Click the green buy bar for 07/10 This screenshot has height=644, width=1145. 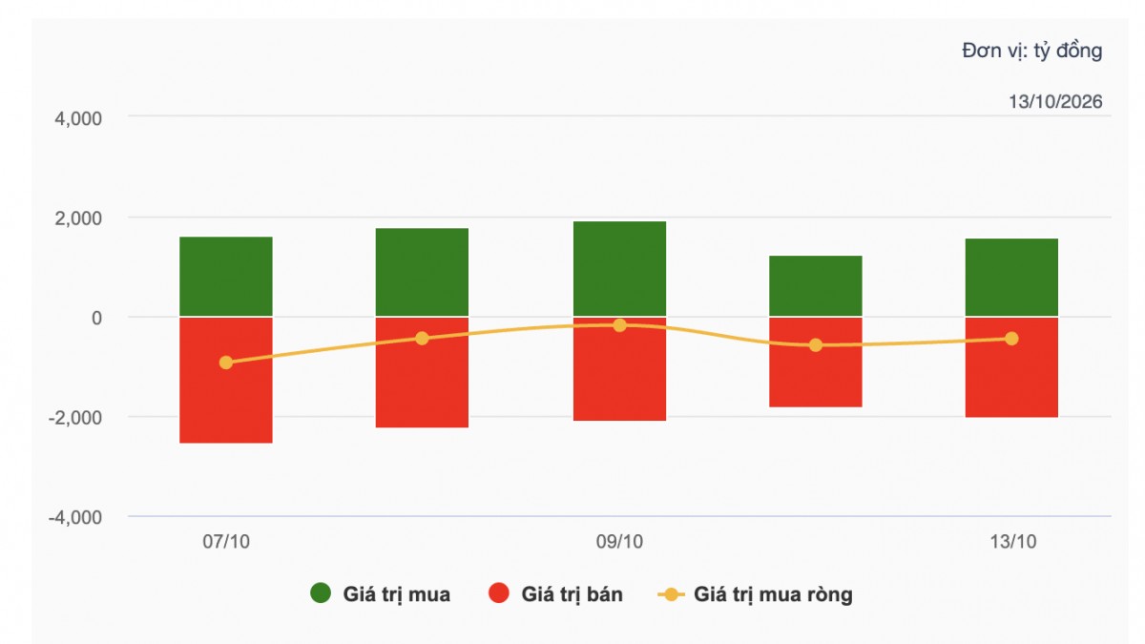pyautogui.click(x=226, y=276)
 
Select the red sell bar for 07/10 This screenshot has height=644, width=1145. pyautogui.click(x=226, y=381)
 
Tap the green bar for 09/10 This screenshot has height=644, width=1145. pyautogui.click(x=619, y=268)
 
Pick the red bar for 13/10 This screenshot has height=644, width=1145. pyautogui.click(x=1011, y=367)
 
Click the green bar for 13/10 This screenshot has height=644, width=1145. pyautogui.click(x=1011, y=277)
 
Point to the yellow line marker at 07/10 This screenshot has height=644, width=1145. pyautogui.click(x=226, y=363)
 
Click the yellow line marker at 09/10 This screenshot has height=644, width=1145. pyautogui.click(x=619, y=325)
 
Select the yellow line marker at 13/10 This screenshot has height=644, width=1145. pyautogui.click(x=1011, y=339)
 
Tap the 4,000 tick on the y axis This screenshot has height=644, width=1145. pyautogui.click(x=78, y=118)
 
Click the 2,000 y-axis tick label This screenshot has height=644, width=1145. pyautogui.click(x=78, y=218)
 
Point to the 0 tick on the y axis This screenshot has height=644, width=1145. pyautogui.click(x=96, y=318)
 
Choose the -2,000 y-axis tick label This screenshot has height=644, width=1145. pyautogui.click(x=75, y=418)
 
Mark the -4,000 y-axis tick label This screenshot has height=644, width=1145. pyautogui.click(x=75, y=517)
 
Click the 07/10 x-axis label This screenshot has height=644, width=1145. pyautogui.click(x=226, y=542)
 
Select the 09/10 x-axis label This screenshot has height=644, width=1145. pyautogui.click(x=619, y=542)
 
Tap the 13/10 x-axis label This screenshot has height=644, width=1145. pyautogui.click(x=1013, y=542)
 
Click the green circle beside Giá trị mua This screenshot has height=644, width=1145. pyautogui.click(x=321, y=592)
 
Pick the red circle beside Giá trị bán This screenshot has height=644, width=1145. pyautogui.click(x=498, y=592)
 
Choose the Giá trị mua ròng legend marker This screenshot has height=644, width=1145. pyautogui.click(x=671, y=594)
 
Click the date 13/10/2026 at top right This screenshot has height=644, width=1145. pyautogui.click(x=1055, y=102)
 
